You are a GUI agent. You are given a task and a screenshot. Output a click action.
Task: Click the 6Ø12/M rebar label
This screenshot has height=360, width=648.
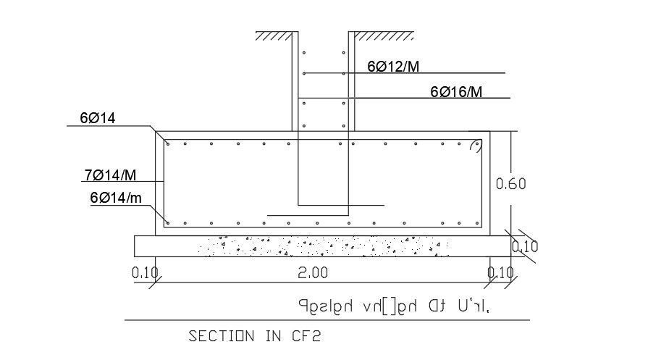pos(393,67)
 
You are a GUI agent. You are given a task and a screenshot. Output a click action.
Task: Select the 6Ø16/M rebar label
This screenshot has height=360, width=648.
pos(456,92)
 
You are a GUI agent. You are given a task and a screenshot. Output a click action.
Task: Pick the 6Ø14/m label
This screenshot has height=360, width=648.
pos(116,197)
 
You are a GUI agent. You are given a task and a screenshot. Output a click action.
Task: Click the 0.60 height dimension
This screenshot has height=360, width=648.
pos(510,184)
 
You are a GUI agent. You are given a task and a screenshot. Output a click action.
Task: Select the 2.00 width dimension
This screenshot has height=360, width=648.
pos(313,273)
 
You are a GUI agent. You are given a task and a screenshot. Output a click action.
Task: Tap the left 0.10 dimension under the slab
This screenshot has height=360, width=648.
pos(145,273)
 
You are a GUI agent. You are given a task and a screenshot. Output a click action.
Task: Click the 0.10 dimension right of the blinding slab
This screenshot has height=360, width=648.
pos(524,246)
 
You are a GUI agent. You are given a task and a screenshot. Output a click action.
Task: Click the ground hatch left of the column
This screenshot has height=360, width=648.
pos(273,35)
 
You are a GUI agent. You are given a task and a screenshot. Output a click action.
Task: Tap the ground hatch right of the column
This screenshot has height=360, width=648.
pos(382,35)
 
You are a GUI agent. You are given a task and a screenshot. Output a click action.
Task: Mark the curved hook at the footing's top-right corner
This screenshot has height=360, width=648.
pos(476,146)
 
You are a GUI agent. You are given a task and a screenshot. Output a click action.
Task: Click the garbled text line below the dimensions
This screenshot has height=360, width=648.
pos(397,306)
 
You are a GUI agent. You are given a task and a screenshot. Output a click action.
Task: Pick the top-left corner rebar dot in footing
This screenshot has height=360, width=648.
pos(168,143)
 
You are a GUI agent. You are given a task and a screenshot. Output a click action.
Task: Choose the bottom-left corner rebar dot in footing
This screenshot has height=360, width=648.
pos(168,222)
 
